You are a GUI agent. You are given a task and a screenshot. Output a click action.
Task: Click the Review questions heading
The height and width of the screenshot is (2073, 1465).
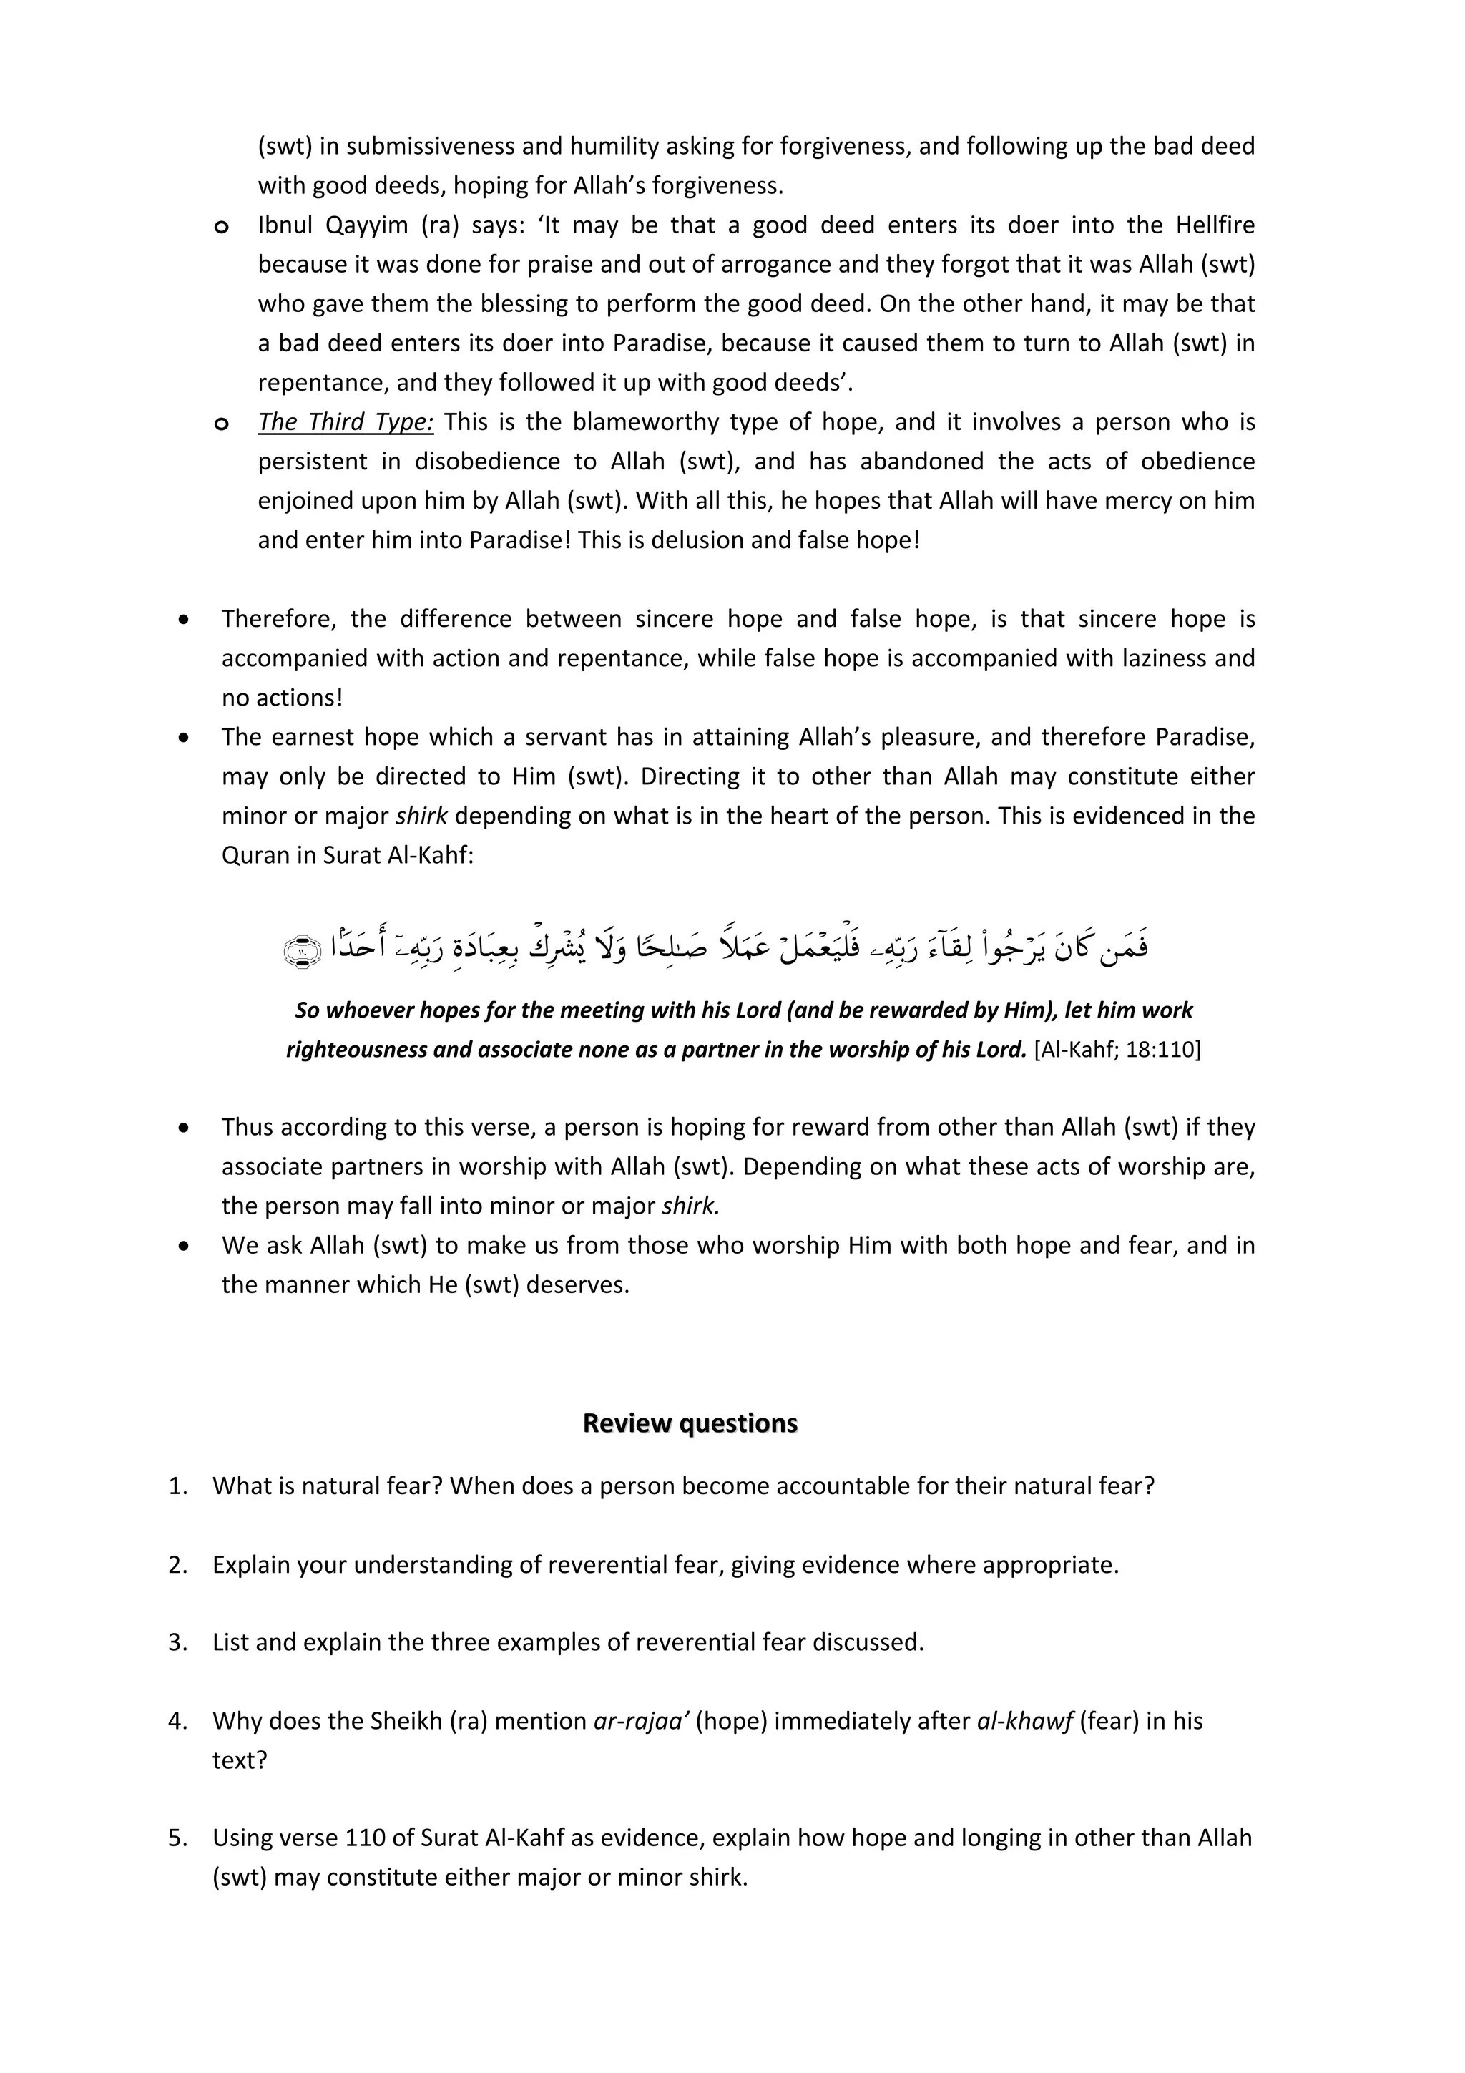(690, 1423)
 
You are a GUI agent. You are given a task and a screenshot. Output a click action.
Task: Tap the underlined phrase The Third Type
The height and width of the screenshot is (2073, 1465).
(345, 421)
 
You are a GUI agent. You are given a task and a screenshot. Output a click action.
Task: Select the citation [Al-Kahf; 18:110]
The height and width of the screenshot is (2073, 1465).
(1117, 1049)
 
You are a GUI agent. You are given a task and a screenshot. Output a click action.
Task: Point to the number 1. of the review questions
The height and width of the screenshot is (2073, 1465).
(178, 1486)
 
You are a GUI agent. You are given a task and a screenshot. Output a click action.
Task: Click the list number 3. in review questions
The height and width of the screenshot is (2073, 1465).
(178, 1642)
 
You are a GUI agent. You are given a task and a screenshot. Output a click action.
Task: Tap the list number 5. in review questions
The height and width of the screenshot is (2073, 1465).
(178, 1838)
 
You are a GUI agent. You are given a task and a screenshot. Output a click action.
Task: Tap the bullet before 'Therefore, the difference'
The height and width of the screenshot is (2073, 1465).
(184, 620)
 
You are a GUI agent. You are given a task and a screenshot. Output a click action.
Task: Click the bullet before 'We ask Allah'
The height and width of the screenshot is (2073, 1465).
(184, 1246)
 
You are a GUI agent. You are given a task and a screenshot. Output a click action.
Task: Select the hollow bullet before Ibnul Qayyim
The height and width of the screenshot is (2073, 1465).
(221, 227)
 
